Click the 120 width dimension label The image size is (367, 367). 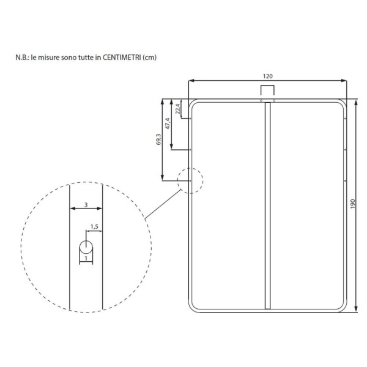[x=267, y=76]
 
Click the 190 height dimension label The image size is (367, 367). [x=353, y=204]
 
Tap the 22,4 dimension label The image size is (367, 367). [x=178, y=109]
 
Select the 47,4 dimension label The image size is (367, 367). [x=168, y=124]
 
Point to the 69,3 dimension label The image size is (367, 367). [x=158, y=139]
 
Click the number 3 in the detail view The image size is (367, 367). [x=86, y=205]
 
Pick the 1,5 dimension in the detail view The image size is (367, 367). [x=94, y=226]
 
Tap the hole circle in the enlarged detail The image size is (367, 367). [x=86, y=247]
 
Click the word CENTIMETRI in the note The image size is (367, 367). [x=122, y=57]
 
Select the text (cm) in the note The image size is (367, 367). [x=149, y=57]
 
